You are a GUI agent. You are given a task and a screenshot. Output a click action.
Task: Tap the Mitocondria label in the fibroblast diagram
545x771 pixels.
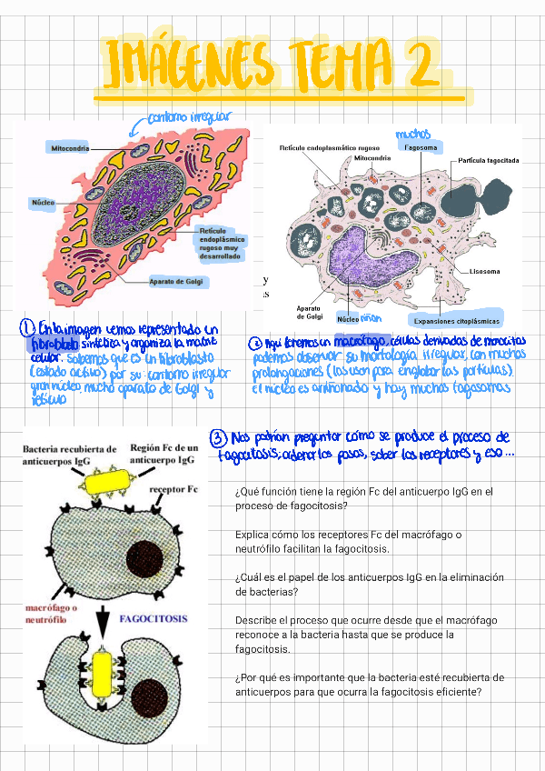coord(68,146)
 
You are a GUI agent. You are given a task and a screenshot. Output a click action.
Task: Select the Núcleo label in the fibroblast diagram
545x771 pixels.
coord(44,202)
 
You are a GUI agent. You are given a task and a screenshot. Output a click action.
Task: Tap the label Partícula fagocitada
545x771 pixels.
coord(489,160)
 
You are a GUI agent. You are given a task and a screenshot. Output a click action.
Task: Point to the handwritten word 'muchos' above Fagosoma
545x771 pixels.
coord(412,135)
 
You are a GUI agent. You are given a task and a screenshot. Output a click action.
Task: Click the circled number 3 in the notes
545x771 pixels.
coord(218,437)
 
